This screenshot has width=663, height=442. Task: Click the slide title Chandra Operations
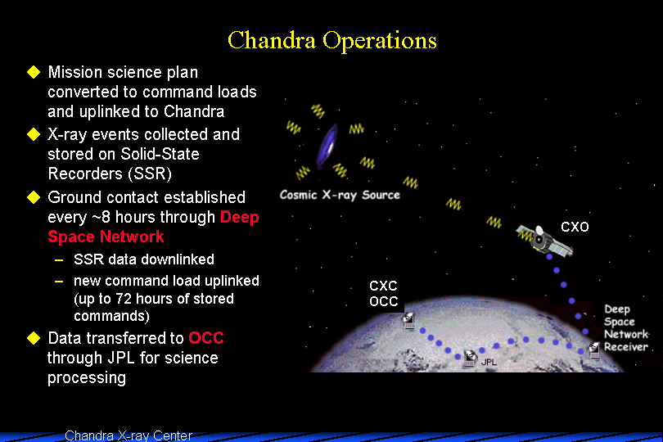[332, 41]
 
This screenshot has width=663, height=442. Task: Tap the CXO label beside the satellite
[575, 227]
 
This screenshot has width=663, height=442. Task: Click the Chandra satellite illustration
[543, 241]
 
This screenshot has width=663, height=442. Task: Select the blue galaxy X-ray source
[327, 146]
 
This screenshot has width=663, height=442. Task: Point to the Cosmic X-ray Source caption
[340, 195]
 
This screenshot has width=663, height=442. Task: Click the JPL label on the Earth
[489, 362]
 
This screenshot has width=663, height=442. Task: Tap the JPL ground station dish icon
[469, 359]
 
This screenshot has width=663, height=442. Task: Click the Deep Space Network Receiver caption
[626, 327]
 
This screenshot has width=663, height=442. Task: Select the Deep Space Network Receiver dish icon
[594, 350]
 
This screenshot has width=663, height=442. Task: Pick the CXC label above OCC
[383, 286]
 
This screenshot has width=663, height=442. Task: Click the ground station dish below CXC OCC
[408, 321]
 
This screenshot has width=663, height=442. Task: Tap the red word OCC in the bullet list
[206, 338]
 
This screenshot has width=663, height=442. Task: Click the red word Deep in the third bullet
[239, 218]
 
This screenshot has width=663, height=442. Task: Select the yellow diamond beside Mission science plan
[34, 72]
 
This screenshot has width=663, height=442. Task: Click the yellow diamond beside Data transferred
[34, 338]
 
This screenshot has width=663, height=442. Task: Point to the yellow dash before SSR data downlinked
[59, 259]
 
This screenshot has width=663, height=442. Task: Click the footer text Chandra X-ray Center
[129, 435]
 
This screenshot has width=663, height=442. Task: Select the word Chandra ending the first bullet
[194, 111]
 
